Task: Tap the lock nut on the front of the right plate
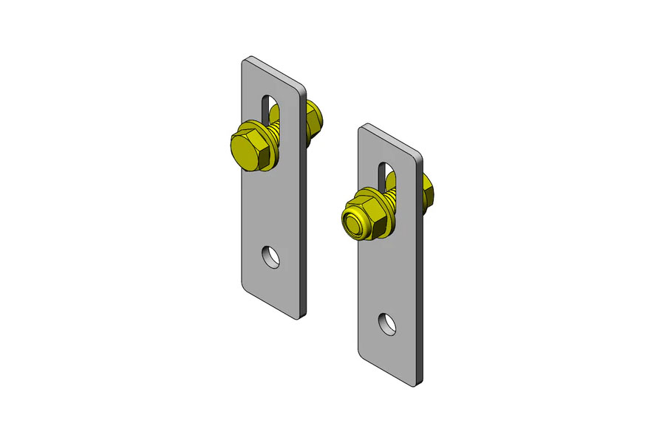362,217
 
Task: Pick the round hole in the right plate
387,323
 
